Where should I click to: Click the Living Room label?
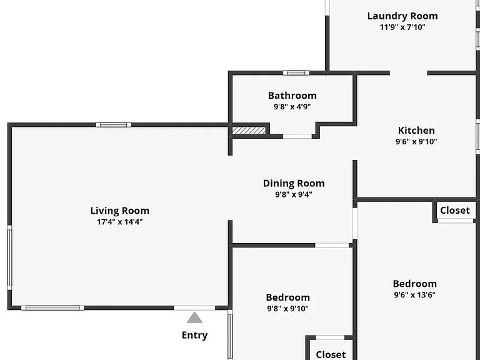point(120,211)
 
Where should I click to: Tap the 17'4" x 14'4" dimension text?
point(120,222)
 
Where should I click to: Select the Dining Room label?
point(294,183)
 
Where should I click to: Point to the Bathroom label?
point(292,96)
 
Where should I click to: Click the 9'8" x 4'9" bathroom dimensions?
point(292,106)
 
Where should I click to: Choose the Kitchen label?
point(416,131)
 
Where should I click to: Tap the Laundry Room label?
point(402,16)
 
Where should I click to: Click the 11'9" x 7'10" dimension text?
point(402,27)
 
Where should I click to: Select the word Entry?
point(195,335)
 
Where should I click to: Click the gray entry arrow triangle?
point(194,317)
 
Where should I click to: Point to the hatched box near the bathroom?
point(249,131)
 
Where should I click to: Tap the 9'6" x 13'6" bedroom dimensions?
point(415,295)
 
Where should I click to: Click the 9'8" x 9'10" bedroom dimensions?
point(287,309)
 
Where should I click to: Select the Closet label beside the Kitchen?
point(455,210)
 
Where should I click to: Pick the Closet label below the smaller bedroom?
point(331,354)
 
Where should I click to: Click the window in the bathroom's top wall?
point(296,73)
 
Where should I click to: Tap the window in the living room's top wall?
point(113,125)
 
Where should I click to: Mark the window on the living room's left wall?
point(9,257)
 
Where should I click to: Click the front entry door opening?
point(195,308)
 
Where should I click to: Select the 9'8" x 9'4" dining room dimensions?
point(294,194)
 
